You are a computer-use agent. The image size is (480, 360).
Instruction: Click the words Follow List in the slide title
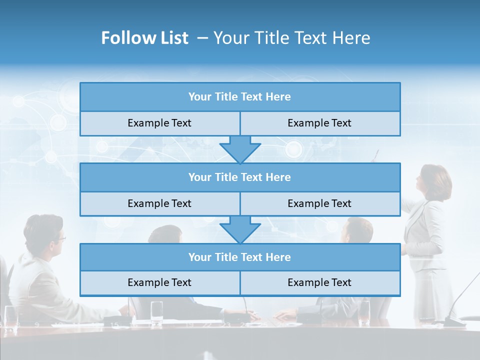coord(144,38)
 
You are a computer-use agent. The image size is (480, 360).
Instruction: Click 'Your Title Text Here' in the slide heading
coord(292,38)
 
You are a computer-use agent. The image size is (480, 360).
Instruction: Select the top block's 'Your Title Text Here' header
coord(239,97)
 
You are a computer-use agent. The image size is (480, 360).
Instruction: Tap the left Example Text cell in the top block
coord(159,123)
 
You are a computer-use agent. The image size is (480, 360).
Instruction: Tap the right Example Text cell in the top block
coord(319,123)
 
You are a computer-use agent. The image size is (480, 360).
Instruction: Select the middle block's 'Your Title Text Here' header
coord(239,177)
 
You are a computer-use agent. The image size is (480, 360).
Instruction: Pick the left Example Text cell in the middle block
coord(159,203)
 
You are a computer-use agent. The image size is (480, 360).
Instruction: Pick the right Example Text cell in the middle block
coord(319,203)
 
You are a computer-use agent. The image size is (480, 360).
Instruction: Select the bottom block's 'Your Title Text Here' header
coord(239,257)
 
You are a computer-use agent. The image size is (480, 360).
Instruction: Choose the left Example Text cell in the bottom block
coord(159,282)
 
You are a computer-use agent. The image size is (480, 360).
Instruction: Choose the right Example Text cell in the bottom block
coord(319,282)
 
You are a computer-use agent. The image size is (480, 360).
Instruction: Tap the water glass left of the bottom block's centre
coord(156,310)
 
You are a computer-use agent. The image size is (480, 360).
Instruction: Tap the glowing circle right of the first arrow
coord(293,149)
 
